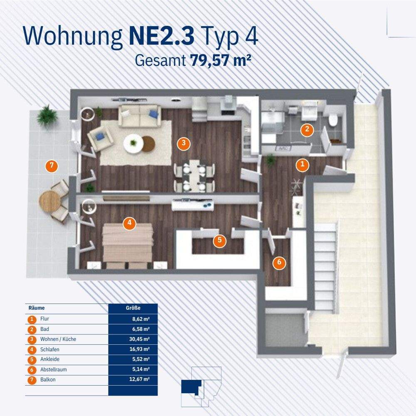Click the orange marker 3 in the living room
(x=183, y=144)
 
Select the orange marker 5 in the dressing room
(x=219, y=240)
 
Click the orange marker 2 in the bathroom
(x=307, y=129)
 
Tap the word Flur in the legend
(x=45, y=319)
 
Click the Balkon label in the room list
(x=48, y=379)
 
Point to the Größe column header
(x=133, y=308)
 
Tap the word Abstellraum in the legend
(x=54, y=369)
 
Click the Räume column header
(x=36, y=308)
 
